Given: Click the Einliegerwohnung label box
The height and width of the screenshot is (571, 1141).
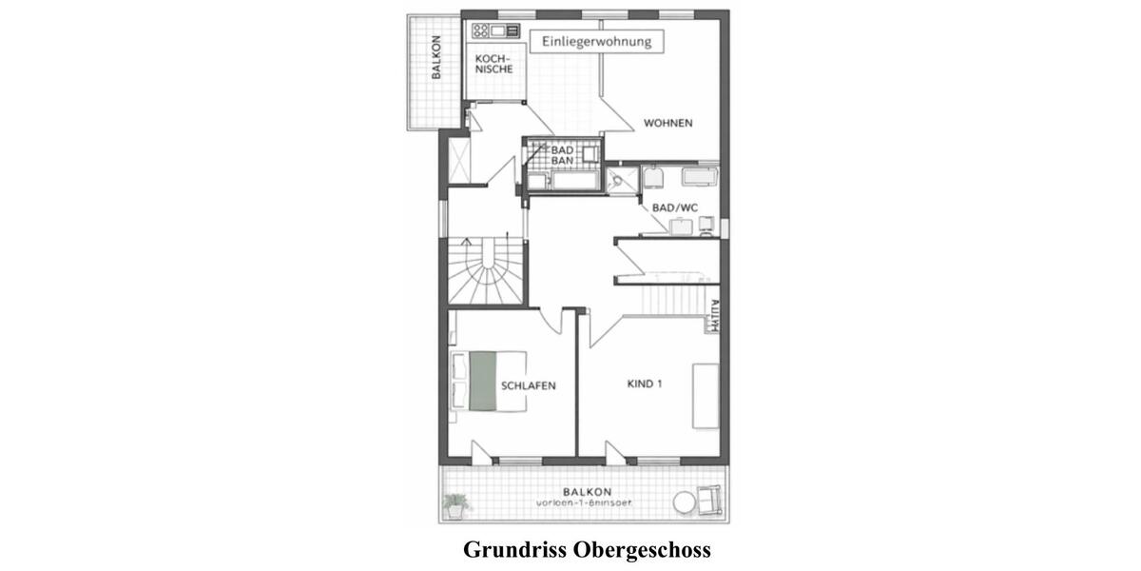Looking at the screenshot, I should (x=596, y=42).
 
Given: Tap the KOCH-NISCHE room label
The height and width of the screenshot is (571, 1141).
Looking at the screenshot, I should (x=493, y=64).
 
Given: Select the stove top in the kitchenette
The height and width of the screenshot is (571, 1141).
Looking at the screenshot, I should (x=480, y=30).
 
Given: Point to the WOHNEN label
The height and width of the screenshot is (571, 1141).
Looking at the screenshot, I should (x=667, y=123).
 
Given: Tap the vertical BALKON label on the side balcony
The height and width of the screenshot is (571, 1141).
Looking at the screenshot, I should (x=435, y=58).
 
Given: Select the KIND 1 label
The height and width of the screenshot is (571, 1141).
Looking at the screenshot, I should (x=644, y=384).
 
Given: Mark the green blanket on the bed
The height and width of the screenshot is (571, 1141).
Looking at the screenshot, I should (x=483, y=381).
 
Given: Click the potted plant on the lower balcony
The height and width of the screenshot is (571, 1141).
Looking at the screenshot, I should (x=455, y=504).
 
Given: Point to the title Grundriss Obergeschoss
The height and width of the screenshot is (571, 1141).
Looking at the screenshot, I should (x=587, y=550).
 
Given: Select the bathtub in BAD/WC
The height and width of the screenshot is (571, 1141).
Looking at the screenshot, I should (x=701, y=176).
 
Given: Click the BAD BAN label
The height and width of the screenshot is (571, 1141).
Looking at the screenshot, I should (x=562, y=155).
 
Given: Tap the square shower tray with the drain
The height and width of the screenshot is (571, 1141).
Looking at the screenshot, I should (x=623, y=179).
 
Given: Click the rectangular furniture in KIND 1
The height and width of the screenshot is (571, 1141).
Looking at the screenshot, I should (x=705, y=395).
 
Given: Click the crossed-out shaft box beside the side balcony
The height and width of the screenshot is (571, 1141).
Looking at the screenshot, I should (x=458, y=160).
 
